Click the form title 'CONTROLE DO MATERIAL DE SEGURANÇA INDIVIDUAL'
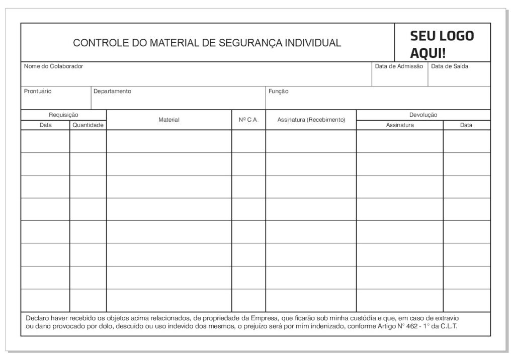[x=207, y=43]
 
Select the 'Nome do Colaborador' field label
[x=53, y=66]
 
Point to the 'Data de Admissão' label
[x=399, y=66]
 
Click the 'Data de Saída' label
[x=450, y=66]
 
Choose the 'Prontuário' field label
[x=38, y=92]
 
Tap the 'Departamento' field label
[x=112, y=92]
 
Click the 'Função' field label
[x=279, y=92]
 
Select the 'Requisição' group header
[x=63, y=115]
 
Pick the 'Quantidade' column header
[x=88, y=125]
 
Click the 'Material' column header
[x=169, y=120]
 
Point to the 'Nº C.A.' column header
[x=248, y=120]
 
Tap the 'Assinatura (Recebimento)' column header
[x=311, y=120]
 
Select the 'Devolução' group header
[x=423, y=115]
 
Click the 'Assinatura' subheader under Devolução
[x=400, y=125]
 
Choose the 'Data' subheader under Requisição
[x=45, y=125]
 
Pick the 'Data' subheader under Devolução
[x=466, y=125]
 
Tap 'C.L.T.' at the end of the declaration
[x=448, y=326]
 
